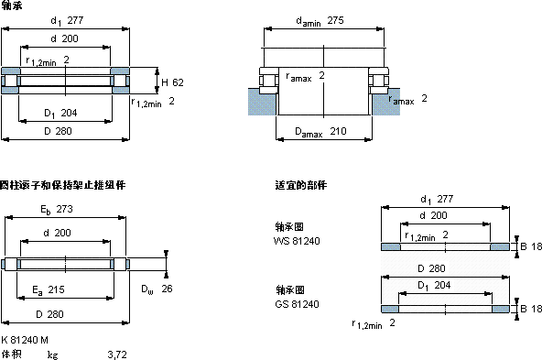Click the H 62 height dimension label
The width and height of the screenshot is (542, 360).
(172, 82)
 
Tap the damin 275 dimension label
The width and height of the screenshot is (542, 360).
(320, 21)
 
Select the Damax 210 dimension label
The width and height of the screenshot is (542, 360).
(320, 131)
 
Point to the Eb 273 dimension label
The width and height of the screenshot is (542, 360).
(57, 210)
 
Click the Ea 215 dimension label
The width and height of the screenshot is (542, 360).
(49, 289)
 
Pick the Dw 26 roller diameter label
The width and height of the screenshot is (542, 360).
(157, 289)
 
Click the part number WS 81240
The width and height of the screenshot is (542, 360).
(297, 241)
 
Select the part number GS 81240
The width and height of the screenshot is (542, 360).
(297, 304)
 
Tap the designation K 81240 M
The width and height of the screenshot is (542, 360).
(25, 340)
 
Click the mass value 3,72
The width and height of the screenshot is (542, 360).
(117, 355)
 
